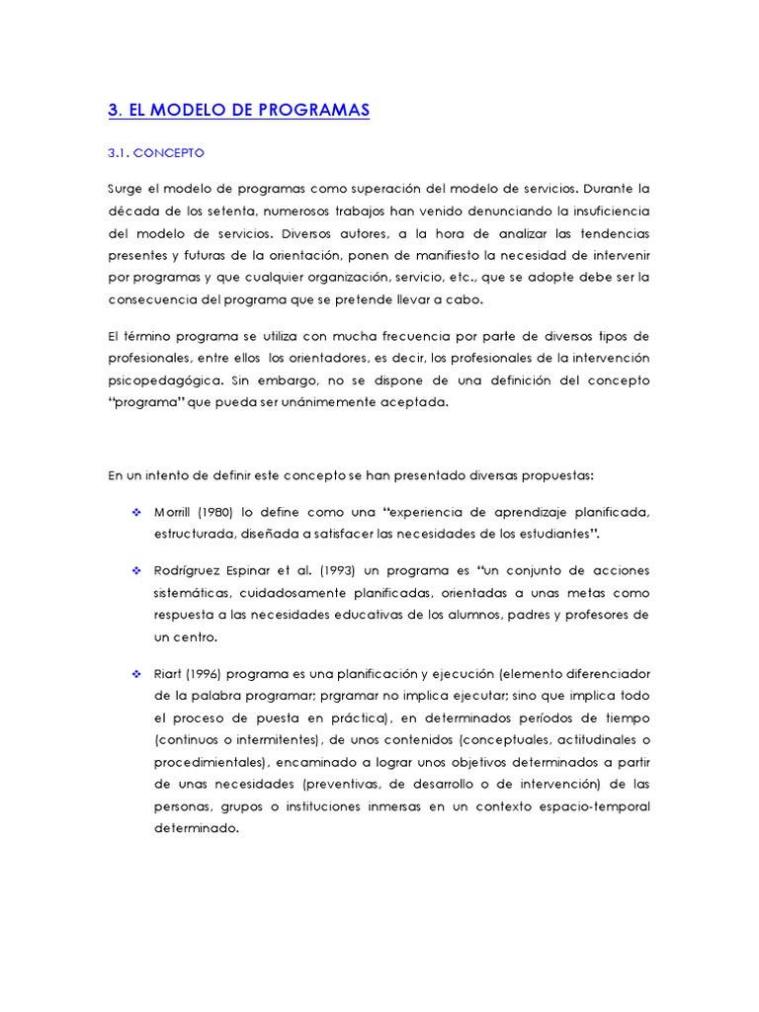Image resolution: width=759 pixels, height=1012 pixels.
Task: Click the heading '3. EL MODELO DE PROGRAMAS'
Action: (x=238, y=110)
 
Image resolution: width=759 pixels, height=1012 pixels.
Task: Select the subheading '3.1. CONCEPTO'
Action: (x=155, y=153)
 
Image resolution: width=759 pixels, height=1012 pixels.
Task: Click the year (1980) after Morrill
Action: (x=214, y=512)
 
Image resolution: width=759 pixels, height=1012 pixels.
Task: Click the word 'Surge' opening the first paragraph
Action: (x=126, y=188)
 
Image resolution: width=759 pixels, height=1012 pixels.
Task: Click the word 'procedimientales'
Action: (x=211, y=762)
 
